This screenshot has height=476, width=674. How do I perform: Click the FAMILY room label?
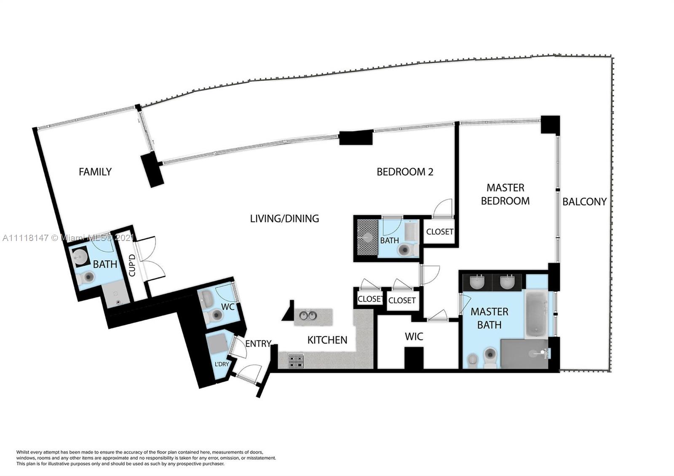pos(95,172)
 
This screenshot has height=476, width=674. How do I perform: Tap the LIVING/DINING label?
pos(284,219)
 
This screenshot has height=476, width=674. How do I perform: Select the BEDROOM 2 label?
pos(405,172)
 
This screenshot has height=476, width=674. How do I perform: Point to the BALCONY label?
pos(584,202)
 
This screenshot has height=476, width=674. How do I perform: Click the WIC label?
pos(414,337)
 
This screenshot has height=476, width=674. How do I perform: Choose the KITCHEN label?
pos(327,340)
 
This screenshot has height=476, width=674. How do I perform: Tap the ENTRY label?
pos(258,344)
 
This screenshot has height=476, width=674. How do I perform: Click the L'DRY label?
pos(222,364)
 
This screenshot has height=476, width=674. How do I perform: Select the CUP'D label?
pos(132,265)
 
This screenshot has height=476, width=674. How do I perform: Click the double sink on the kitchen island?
pos(308,316)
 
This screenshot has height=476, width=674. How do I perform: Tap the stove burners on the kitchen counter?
pos(296,361)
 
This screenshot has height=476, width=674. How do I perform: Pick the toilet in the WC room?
pos(214,316)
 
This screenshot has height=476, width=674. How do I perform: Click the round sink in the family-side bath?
pos(80,257)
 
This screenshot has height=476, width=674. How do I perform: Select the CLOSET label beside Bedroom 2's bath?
pos(440,232)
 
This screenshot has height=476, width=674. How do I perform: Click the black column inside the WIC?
pos(414,358)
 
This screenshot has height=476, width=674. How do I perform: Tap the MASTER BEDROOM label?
pos(505,194)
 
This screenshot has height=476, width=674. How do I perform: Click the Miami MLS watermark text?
pos(68,238)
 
